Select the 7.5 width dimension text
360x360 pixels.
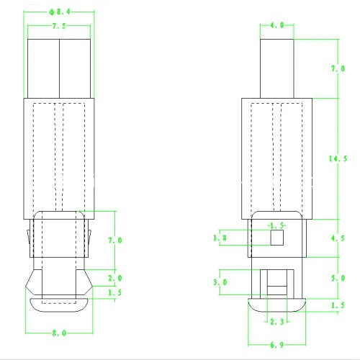click(x=60, y=25)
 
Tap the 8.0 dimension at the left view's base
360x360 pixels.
click(x=60, y=333)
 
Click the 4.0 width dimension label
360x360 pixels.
click(x=276, y=25)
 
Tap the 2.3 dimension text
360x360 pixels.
click(x=276, y=320)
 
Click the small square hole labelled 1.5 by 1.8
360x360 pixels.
click(x=275, y=238)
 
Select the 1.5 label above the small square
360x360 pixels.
click(x=276, y=225)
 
